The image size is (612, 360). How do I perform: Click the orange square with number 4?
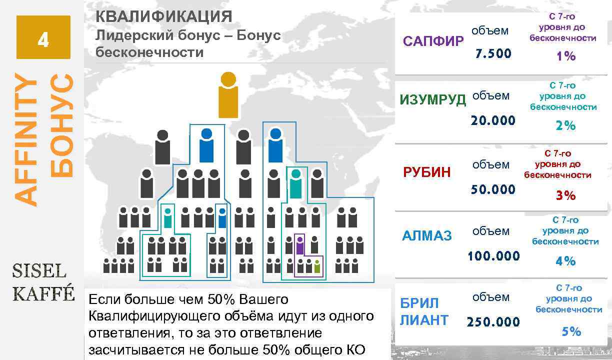[43, 37]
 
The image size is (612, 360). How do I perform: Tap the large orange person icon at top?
[228, 95]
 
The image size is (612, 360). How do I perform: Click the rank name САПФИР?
[433, 41]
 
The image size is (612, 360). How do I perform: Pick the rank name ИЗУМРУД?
[432, 99]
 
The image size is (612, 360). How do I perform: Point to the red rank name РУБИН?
[426, 172]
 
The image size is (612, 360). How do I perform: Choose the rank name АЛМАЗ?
[426, 235]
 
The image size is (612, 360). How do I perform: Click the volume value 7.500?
[493, 53]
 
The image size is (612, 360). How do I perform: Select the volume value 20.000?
[493, 120]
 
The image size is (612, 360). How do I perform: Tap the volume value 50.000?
[493, 189]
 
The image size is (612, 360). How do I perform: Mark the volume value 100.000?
[493, 256]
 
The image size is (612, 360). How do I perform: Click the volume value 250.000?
[493, 322]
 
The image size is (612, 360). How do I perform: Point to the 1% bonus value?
[566, 56]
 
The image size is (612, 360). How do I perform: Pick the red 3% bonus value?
[566, 195]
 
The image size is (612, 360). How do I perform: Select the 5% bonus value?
[571, 331]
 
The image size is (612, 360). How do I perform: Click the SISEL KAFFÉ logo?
[43, 282]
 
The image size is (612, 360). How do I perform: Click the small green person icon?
[317, 266]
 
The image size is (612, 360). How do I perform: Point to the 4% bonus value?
[565, 261]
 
